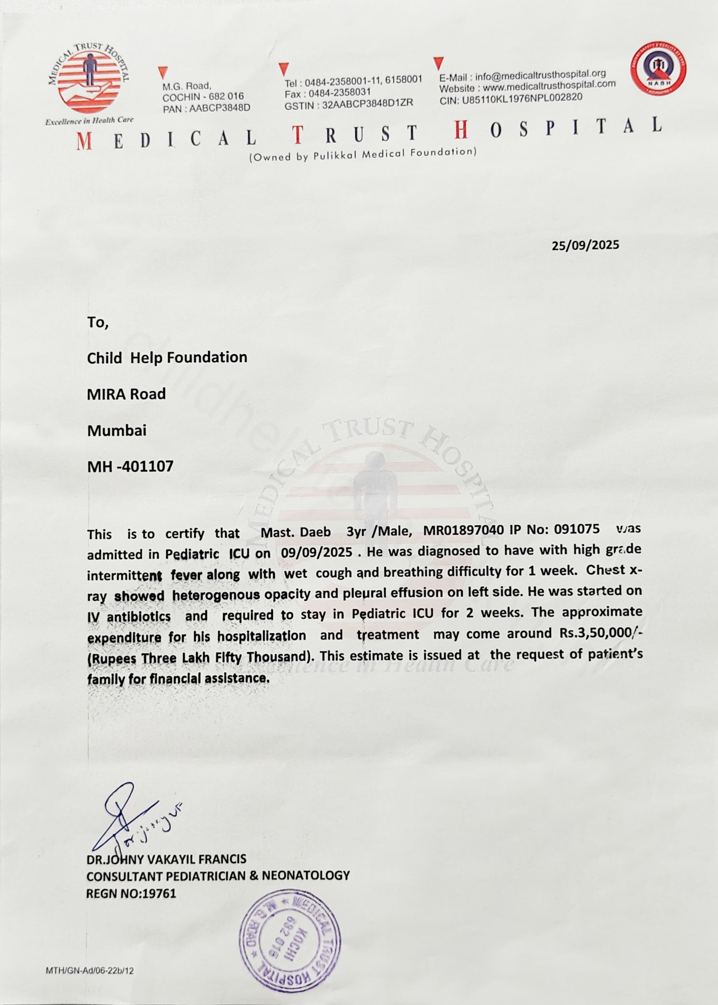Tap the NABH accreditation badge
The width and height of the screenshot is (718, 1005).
(659, 68)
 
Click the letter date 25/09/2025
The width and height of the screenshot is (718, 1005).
(585, 245)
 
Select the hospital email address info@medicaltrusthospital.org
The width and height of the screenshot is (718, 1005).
(540, 75)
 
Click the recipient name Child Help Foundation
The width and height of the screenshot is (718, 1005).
(167, 357)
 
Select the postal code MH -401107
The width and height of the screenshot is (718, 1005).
(130, 466)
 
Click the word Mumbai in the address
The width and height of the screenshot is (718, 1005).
(117, 430)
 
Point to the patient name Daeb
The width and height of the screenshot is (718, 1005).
(316, 532)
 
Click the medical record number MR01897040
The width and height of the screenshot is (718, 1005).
(464, 530)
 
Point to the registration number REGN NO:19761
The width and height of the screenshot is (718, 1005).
(131, 893)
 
